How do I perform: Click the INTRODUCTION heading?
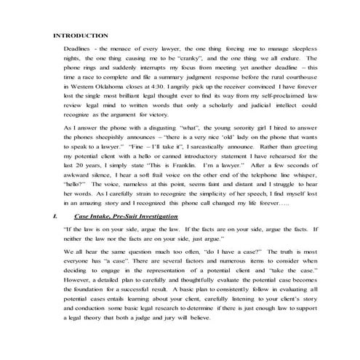click(x=81, y=36)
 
